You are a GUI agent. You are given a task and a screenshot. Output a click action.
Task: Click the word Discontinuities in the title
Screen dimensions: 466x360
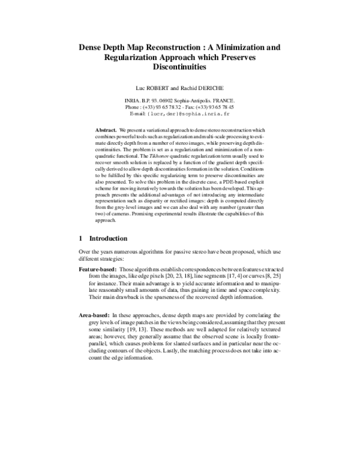180,68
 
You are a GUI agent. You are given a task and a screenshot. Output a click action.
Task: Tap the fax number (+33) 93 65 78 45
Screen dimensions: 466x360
215,107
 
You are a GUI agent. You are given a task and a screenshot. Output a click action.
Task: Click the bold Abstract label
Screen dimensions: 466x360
106,130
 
